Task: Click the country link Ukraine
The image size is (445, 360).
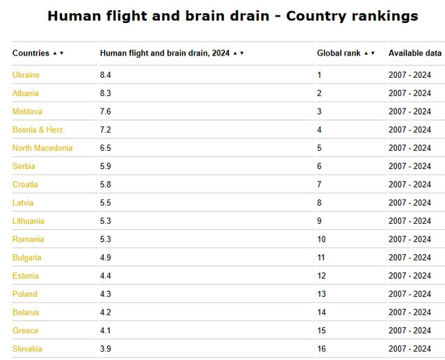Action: [26, 75]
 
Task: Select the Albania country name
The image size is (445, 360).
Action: [26, 93]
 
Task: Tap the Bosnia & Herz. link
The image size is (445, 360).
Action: [39, 130]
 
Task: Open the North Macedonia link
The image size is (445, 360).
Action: [42, 148]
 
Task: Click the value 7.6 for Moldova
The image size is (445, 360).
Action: [105, 111]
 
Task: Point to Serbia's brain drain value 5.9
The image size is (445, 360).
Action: [105, 166]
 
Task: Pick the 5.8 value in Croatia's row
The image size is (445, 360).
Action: [105, 184]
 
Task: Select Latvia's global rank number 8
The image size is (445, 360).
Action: [319, 202]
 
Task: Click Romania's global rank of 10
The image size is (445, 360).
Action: [321, 239]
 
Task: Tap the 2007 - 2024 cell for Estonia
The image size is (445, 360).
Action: [410, 276]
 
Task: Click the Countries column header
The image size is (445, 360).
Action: [31, 53]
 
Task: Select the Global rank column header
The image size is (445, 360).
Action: [339, 53]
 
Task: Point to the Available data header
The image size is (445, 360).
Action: [415, 53]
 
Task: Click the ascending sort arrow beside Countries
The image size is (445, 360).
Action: [55, 53]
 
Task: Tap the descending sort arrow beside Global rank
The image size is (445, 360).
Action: [373, 53]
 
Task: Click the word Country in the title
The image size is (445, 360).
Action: [316, 16]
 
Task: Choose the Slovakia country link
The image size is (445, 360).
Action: [27, 349]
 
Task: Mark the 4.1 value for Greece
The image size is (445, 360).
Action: [105, 331]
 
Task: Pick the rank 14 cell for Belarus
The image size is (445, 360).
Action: [321, 312]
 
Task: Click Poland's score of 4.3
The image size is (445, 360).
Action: [105, 294]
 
